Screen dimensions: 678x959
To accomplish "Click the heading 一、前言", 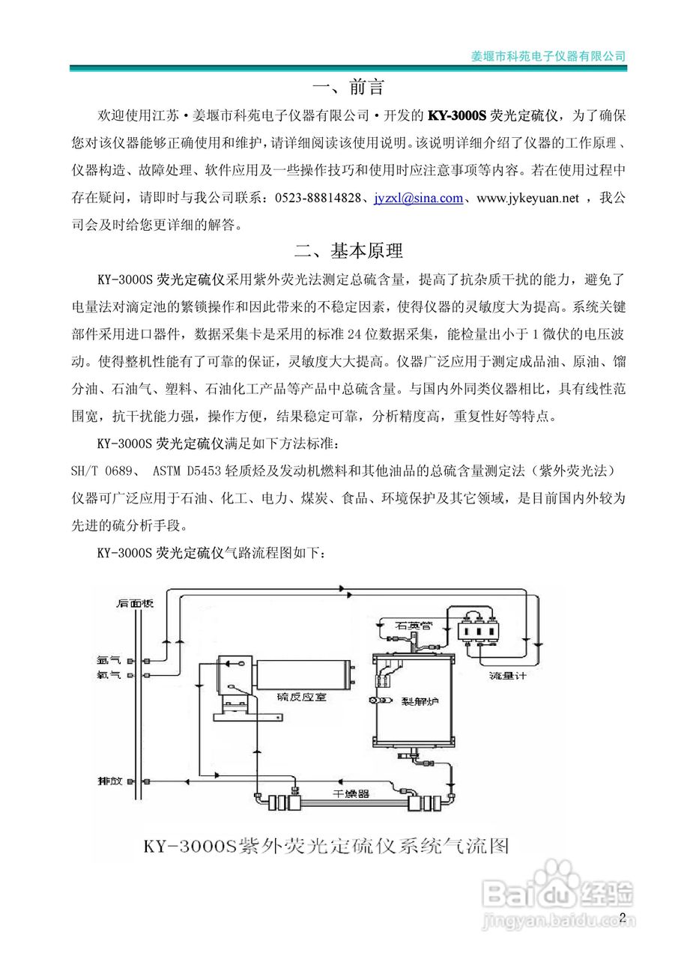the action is click(x=349, y=88).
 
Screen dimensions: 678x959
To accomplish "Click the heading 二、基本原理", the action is click(x=349, y=250).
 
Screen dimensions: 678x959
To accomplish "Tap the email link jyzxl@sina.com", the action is click(x=419, y=199).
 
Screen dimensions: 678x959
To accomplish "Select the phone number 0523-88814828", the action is click(x=318, y=199).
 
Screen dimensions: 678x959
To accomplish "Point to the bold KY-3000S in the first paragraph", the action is click(x=456, y=116).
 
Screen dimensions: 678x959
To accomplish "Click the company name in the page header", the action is click(x=548, y=56).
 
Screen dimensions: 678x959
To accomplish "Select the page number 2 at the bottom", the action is click(x=622, y=919).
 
